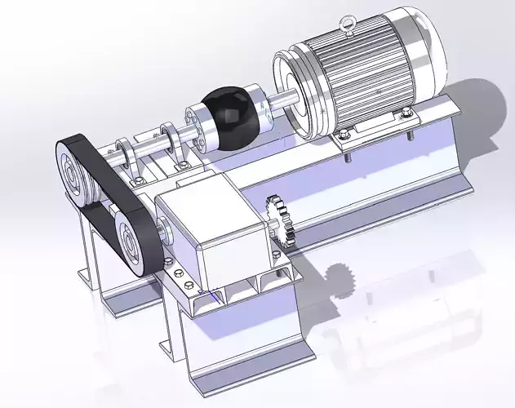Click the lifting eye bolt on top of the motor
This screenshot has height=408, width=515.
[349, 30]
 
